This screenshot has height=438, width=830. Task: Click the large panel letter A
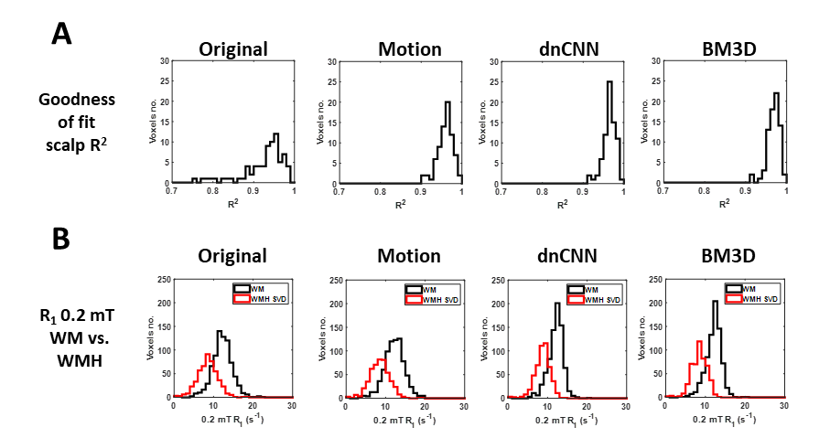click(x=62, y=35)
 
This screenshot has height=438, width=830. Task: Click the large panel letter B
click(x=61, y=239)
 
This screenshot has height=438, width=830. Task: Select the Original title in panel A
click(x=233, y=49)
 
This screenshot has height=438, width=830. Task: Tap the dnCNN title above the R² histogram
click(x=568, y=49)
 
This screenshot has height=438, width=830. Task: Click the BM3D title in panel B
click(x=728, y=256)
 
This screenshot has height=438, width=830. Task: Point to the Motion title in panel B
click(x=409, y=256)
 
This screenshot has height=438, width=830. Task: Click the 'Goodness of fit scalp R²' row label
click(x=77, y=123)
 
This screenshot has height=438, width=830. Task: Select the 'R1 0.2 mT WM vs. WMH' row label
click(x=77, y=338)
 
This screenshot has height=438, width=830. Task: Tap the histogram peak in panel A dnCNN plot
click(x=609, y=82)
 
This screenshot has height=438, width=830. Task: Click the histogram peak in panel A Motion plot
click(x=447, y=102)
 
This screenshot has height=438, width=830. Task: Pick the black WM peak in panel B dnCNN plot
click(x=557, y=303)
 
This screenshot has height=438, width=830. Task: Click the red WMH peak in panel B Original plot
click(x=208, y=354)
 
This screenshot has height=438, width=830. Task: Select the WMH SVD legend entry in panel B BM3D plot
click(x=751, y=299)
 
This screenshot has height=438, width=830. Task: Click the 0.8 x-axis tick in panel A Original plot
click(x=212, y=191)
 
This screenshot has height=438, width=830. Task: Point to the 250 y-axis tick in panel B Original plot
click(x=164, y=280)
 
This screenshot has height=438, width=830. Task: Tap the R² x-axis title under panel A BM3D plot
click(x=724, y=204)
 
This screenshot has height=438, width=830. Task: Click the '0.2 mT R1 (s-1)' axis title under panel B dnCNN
click(x=566, y=421)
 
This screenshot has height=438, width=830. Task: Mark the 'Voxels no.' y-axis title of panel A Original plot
click(x=153, y=122)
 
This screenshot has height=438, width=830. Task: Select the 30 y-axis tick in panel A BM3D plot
click(x=655, y=61)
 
